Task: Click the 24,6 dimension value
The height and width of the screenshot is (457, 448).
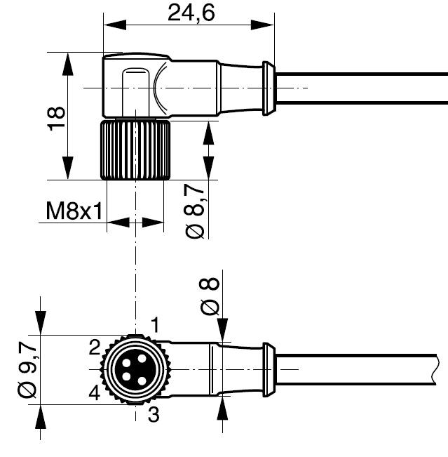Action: [191, 13]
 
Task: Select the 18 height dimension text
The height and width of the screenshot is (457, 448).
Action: [57, 119]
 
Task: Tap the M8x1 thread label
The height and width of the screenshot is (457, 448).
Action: [74, 211]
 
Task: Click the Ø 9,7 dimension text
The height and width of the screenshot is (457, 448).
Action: [27, 370]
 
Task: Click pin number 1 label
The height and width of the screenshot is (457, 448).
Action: [155, 325]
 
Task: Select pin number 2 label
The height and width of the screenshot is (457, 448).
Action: [95, 347]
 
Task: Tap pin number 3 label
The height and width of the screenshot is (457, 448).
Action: [154, 414]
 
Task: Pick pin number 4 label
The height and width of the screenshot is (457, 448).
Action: [95, 392]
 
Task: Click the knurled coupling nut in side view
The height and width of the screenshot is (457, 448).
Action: [135, 150]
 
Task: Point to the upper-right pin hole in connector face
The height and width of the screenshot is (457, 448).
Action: [142, 359]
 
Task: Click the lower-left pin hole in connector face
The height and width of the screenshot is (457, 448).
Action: [126, 377]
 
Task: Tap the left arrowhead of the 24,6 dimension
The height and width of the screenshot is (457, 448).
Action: [115, 25]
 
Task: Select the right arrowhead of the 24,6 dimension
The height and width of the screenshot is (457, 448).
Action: [262, 25]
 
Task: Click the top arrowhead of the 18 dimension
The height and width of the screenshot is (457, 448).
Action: [68, 64]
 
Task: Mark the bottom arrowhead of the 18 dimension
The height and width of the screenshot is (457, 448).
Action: [68, 168]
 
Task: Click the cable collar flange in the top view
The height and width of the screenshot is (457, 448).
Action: [269, 88]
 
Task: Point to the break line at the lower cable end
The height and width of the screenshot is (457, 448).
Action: [436, 369]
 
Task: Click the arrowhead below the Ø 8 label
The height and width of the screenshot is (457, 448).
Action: [223, 330]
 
